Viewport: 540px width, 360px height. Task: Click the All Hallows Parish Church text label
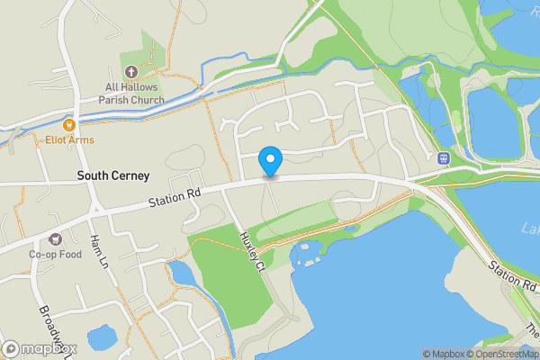pyautogui.click(x=135, y=94)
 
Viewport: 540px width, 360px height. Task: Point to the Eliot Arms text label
pyautogui.click(x=70, y=140)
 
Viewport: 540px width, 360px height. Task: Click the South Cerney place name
pyautogui.click(x=112, y=175)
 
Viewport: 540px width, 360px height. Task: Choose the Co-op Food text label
pyautogui.click(x=55, y=255)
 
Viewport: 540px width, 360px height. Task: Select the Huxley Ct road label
pyautogui.click(x=251, y=251)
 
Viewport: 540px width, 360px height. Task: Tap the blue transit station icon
pyautogui.click(x=443, y=157)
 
